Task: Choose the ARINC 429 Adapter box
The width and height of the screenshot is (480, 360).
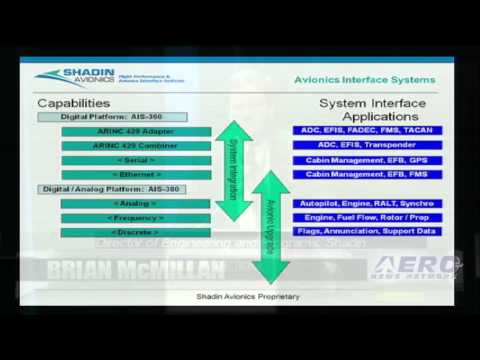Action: click(135, 131)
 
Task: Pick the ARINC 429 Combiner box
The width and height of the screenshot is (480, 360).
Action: click(135, 145)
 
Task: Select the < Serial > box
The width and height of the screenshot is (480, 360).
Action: click(135, 160)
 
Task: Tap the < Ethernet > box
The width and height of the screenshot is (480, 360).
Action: click(135, 174)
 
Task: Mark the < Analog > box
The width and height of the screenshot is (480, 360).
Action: click(135, 203)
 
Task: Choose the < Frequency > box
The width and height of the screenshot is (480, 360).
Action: click(135, 217)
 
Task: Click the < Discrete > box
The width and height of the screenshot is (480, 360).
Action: click(135, 232)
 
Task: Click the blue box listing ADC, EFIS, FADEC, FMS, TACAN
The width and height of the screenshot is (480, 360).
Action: click(365, 131)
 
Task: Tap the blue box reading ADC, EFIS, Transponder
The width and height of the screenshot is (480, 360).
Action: click(365, 145)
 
